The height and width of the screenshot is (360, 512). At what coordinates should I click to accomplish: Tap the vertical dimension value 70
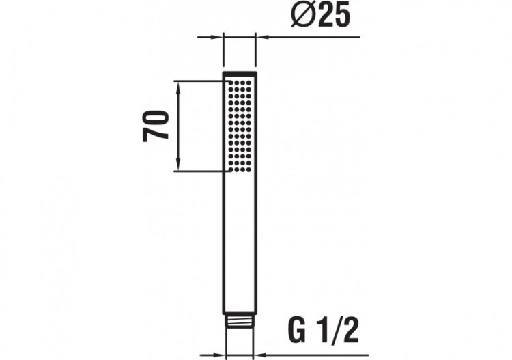click(x=156, y=124)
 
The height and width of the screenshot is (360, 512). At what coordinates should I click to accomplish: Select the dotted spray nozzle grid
click(x=240, y=126)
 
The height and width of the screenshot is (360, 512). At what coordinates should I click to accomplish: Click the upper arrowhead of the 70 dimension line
click(x=178, y=85)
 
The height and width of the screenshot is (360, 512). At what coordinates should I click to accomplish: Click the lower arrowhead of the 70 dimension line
click(x=178, y=166)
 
